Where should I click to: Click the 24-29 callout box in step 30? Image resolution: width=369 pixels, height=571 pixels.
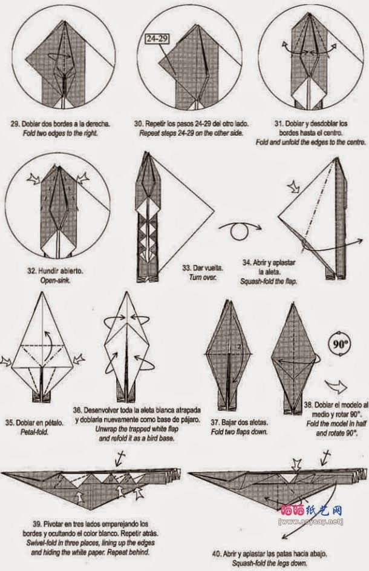156,39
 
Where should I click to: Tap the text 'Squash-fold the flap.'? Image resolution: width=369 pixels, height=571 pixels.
268,281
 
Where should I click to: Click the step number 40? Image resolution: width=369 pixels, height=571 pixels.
217,553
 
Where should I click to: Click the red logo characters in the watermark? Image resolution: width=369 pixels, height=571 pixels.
292,512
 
